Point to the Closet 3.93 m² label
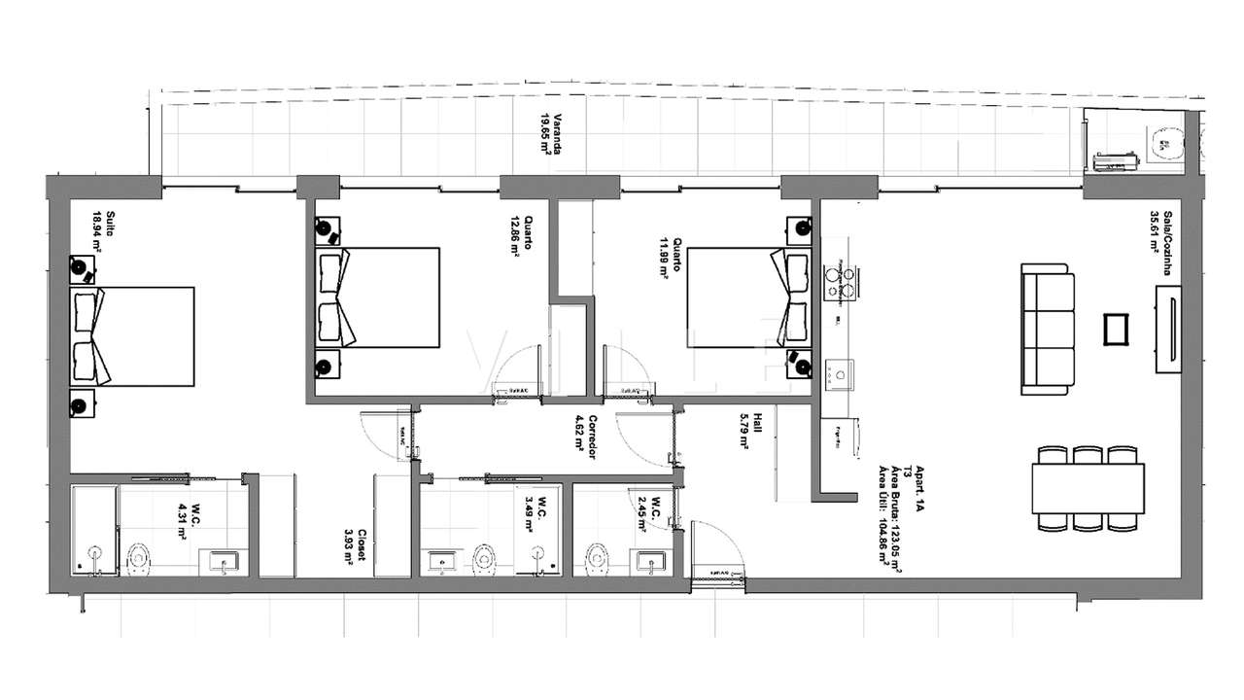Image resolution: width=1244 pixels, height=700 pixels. pyautogui.click(x=356, y=551)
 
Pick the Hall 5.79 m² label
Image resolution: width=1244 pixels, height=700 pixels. pyautogui.click(x=746, y=428)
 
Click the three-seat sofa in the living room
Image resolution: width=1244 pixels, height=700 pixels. pyautogui.click(x=1049, y=332)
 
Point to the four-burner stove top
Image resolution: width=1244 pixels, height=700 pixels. pyautogui.click(x=839, y=281)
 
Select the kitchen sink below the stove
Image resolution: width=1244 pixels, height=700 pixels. pyautogui.click(x=836, y=370)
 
